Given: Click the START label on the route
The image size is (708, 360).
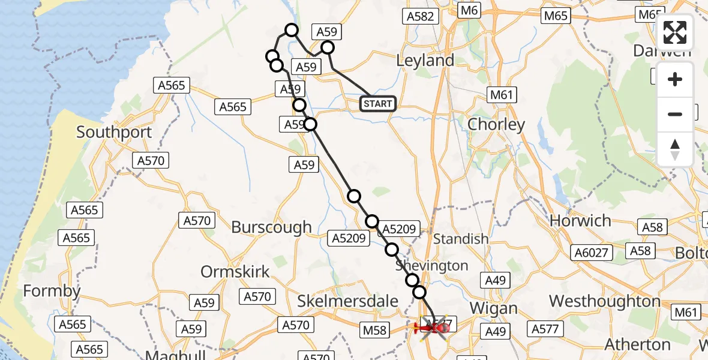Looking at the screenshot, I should [x=378, y=104].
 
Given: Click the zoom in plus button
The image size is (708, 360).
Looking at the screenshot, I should [x=675, y=79].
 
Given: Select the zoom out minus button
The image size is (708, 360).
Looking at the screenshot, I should [x=675, y=114].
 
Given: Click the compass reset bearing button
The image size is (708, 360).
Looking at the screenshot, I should [x=675, y=149].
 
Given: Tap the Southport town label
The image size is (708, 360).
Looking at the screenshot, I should [x=114, y=131].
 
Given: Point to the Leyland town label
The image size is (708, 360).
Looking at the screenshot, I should [x=425, y=61].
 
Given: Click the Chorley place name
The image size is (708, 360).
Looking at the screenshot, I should [x=496, y=125].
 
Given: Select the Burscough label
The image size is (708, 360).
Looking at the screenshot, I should [x=272, y=227].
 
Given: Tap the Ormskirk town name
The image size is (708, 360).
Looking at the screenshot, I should [x=235, y=272].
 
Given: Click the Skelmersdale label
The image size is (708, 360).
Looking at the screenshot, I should [x=348, y=301].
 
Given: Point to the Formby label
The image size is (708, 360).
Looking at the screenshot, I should [x=52, y=292].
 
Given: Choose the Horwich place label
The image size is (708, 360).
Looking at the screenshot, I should [x=580, y=221].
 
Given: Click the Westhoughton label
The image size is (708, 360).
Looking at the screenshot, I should [x=605, y=301].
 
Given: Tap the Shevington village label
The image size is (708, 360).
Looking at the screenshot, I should [x=431, y=265].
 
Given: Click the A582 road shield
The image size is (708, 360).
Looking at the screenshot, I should [x=420, y=16].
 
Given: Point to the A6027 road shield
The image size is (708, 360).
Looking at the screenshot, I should [x=591, y=253].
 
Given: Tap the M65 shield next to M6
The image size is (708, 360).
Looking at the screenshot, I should [x=556, y=16].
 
